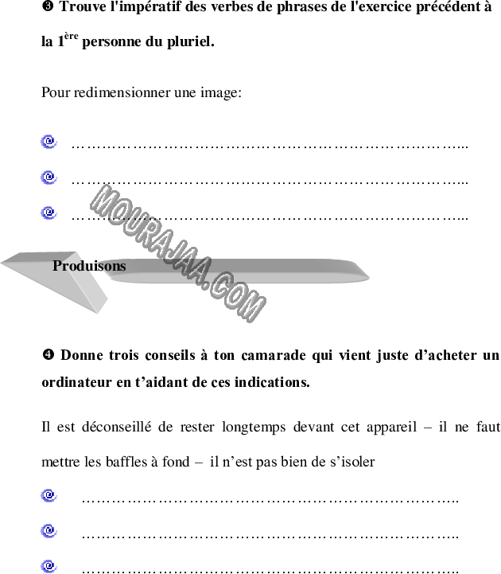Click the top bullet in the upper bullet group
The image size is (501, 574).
click(x=49, y=142)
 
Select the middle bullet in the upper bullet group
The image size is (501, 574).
click(x=49, y=177)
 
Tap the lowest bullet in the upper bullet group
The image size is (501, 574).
click(x=49, y=213)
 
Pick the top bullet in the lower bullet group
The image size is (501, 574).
click(x=49, y=495)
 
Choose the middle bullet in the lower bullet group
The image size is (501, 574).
click(x=49, y=531)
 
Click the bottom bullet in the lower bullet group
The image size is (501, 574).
click(x=49, y=566)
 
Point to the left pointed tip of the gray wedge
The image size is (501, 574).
click(x=3, y=262)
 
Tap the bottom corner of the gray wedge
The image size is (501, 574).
click(x=98, y=312)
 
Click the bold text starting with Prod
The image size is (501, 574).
click(x=89, y=266)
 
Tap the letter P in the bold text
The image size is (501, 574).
click(x=57, y=266)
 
